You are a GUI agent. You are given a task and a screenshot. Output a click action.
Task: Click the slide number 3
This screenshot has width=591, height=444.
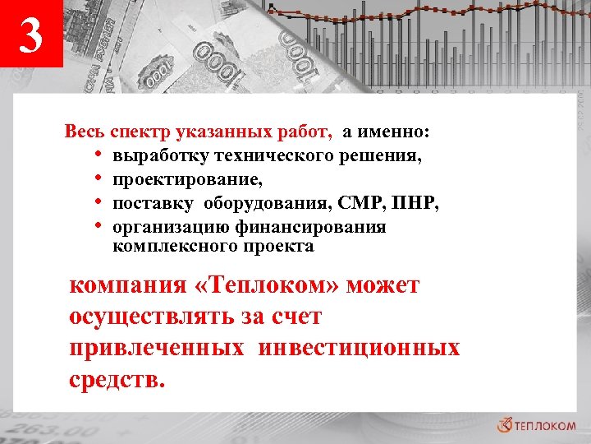click(x=30, y=36)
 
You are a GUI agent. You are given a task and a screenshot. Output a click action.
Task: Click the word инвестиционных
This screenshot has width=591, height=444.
click(x=359, y=348)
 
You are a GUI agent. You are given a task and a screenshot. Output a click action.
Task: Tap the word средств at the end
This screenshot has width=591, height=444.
click(x=114, y=380)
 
